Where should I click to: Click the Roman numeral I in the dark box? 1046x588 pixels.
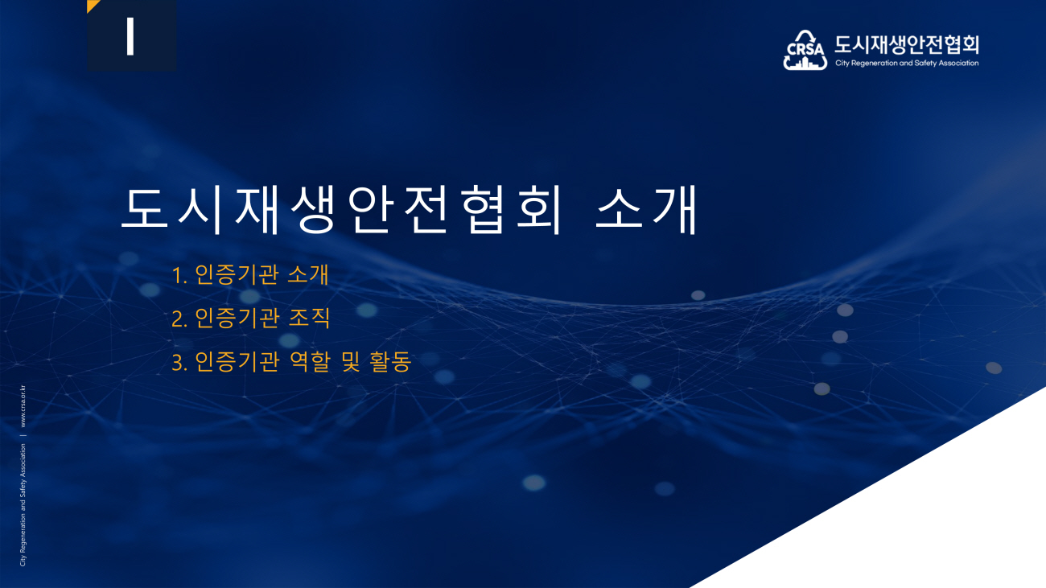point(130,36)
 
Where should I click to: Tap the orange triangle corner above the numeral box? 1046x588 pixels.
point(91,4)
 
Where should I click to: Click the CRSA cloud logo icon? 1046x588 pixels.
point(805,50)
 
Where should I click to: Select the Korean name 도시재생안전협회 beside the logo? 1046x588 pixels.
point(906,45)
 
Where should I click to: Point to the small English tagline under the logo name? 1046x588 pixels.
point(907,63)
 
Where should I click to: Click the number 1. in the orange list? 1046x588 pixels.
point(179,275)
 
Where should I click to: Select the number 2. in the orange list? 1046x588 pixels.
point(179,319)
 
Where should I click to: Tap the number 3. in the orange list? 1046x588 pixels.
point(179,363)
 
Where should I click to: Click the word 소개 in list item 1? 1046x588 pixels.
point(308,274)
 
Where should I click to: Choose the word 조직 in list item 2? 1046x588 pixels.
point(309,318)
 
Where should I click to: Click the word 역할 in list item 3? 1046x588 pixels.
point(310,362)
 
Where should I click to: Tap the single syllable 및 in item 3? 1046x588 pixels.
point(351,362)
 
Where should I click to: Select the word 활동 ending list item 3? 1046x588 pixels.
point(390,362)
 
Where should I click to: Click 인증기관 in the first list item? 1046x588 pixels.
point(237,274)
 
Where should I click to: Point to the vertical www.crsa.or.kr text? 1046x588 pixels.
point(23,406)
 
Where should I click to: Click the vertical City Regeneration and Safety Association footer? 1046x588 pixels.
point(23,505)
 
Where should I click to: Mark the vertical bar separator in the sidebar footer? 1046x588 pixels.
point(23,435)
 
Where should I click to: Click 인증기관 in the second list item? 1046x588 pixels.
point(237,318)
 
